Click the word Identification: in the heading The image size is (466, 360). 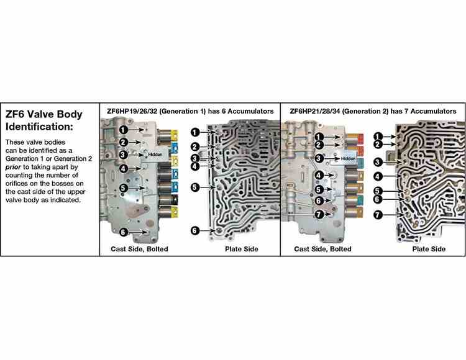click(39, 127)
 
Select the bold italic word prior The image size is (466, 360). click(13, 167)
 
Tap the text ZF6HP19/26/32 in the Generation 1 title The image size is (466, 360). click(132, 111)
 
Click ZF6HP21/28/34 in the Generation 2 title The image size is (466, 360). click(315, 111)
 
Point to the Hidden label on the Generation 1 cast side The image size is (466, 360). click(155, 155)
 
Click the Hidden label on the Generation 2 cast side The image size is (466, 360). click(348, 159)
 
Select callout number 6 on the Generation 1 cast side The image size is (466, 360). click(124, 232)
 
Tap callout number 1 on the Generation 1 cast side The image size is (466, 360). click(124, 130)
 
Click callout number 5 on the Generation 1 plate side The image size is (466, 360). click(194, 187)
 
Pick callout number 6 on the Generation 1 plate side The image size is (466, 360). click(194, 230)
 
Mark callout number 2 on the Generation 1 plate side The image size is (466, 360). click(194, 146)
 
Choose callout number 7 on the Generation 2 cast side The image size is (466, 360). click(319, 214)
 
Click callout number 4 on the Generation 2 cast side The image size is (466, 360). click(319, 175)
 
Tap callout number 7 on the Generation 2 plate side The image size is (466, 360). click(377, 215)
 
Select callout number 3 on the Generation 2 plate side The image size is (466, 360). click(377, 163)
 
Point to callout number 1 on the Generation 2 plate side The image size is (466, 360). click(377, 137)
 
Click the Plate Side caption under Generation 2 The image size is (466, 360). click(429, 250)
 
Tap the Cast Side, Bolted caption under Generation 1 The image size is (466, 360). click(139, 250)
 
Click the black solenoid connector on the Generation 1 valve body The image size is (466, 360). click(175, 200)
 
